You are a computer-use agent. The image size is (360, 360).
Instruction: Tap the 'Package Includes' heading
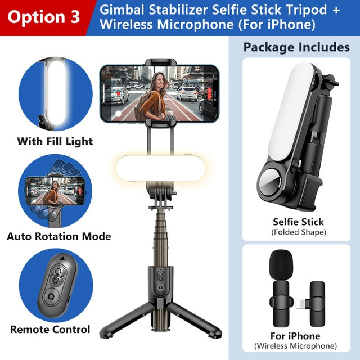pos(296,47)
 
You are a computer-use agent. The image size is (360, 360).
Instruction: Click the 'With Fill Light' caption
pos(55,141)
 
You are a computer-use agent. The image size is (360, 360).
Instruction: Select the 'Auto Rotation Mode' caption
pos(58,236)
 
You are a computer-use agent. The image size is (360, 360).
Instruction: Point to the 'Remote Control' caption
pos(50,330)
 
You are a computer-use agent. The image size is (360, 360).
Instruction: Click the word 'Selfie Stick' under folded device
pos(298,222)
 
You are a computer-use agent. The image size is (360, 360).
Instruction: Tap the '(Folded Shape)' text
pos(298,232)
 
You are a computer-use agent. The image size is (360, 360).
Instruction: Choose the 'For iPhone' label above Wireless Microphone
pos(296,336)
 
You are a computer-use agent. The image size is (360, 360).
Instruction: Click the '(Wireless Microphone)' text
pos(296,346)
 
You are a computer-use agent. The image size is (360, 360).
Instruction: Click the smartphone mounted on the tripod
pos(157,93)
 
